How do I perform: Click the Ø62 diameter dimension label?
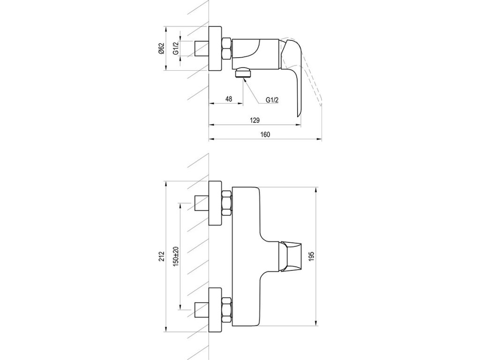point(162,49)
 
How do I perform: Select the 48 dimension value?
point(229,99)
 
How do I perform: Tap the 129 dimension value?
point(255,120)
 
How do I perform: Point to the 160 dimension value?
point(265,135)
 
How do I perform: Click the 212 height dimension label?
point(162,255)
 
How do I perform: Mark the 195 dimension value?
point(312,256)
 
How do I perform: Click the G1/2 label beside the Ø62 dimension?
point(176,49)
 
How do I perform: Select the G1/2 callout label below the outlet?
point(272,100)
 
